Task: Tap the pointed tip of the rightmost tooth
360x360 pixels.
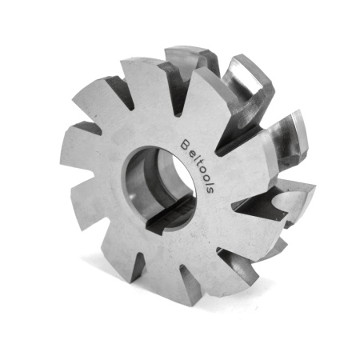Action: coord(314,190)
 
